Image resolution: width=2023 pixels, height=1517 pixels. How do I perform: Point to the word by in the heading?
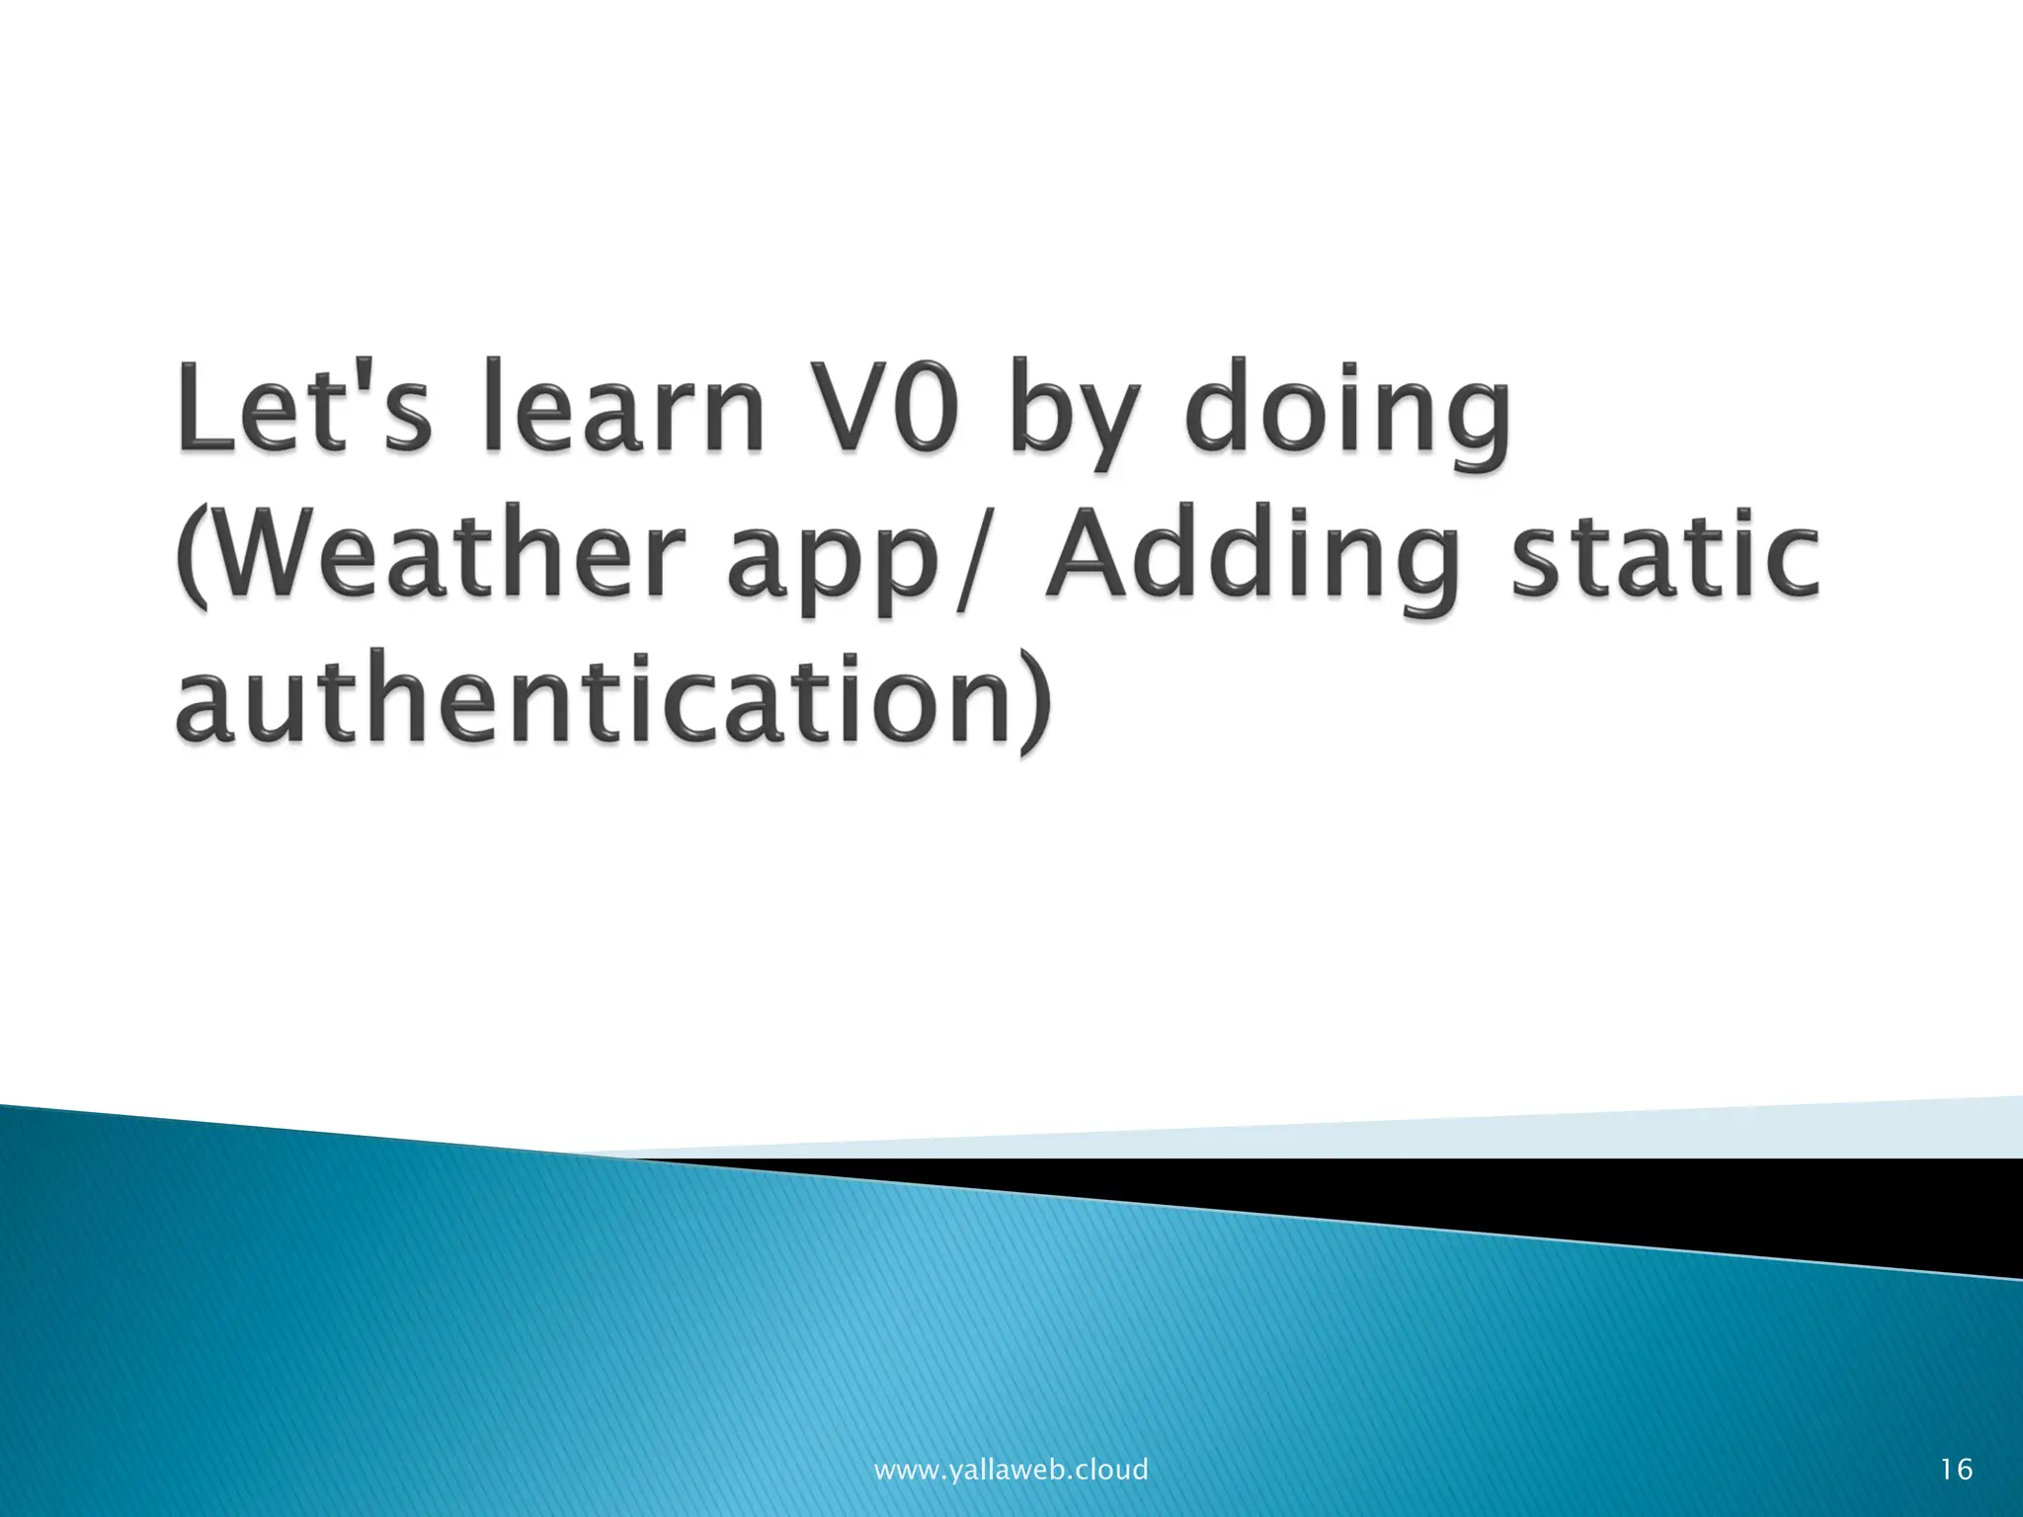pos(1071,415)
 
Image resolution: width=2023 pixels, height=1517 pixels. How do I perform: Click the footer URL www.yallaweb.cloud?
pos(1011,1470)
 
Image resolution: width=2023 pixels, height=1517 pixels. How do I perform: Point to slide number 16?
pos(1956,1470)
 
